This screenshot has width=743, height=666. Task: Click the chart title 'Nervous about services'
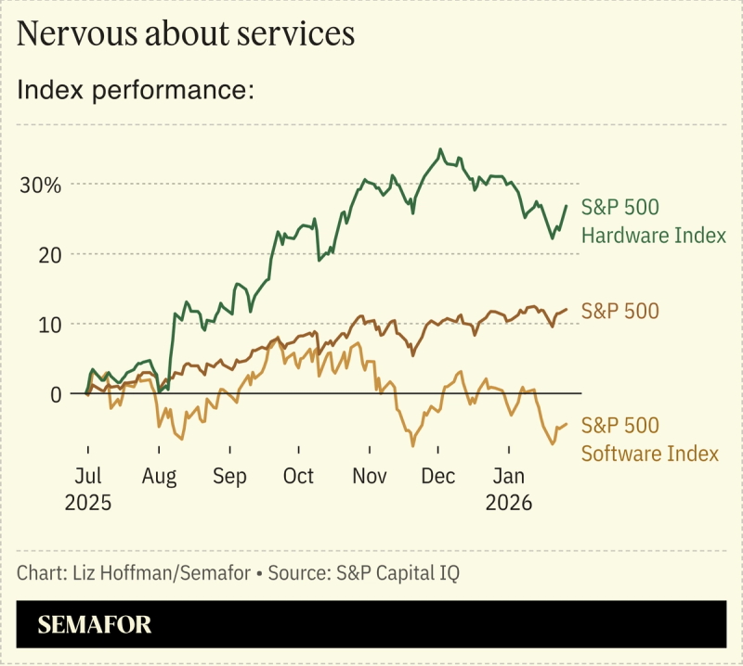point(186,34)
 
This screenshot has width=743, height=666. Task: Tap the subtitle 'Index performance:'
point(136,91)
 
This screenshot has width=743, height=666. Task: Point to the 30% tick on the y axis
point(41,184)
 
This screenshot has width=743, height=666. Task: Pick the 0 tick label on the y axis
point(56,393)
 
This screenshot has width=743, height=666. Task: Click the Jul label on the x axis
point(87,476)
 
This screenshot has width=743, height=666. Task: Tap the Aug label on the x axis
point(159,476)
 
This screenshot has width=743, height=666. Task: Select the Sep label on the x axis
point(229,476)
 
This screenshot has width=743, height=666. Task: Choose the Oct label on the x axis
point(298,476)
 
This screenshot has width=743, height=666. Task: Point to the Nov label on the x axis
point(370,476)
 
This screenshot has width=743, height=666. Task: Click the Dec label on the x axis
point(438,476)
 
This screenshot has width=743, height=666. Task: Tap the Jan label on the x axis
point(508,476)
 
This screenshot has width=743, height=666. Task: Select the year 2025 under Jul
point(87,503)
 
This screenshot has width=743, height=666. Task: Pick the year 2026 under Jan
point(508,503)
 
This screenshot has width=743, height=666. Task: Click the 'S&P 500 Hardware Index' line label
point(653,221)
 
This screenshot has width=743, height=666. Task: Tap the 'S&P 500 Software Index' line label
point(649,440)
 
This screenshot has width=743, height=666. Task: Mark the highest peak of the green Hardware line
point(440,149)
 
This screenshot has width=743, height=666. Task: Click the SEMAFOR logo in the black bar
point(94,624)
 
